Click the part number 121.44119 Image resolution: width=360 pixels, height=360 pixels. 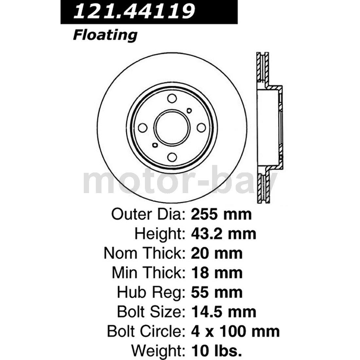click(x=134, y=11)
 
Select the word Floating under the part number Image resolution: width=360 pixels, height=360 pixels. click(x=105, y=35)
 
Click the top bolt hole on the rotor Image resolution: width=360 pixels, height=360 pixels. click(x=171, y=99)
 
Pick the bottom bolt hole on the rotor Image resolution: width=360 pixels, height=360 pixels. click(x=171, y=158)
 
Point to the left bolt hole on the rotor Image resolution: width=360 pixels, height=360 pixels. click(x=142, y=128)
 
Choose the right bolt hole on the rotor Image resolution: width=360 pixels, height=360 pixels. click(x=201, y=128)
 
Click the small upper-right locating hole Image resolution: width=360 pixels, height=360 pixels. click(x=189, y=111)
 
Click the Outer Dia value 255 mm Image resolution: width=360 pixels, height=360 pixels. click(x=221, y=214)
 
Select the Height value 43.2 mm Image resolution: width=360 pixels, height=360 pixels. click(x=223, y=234)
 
